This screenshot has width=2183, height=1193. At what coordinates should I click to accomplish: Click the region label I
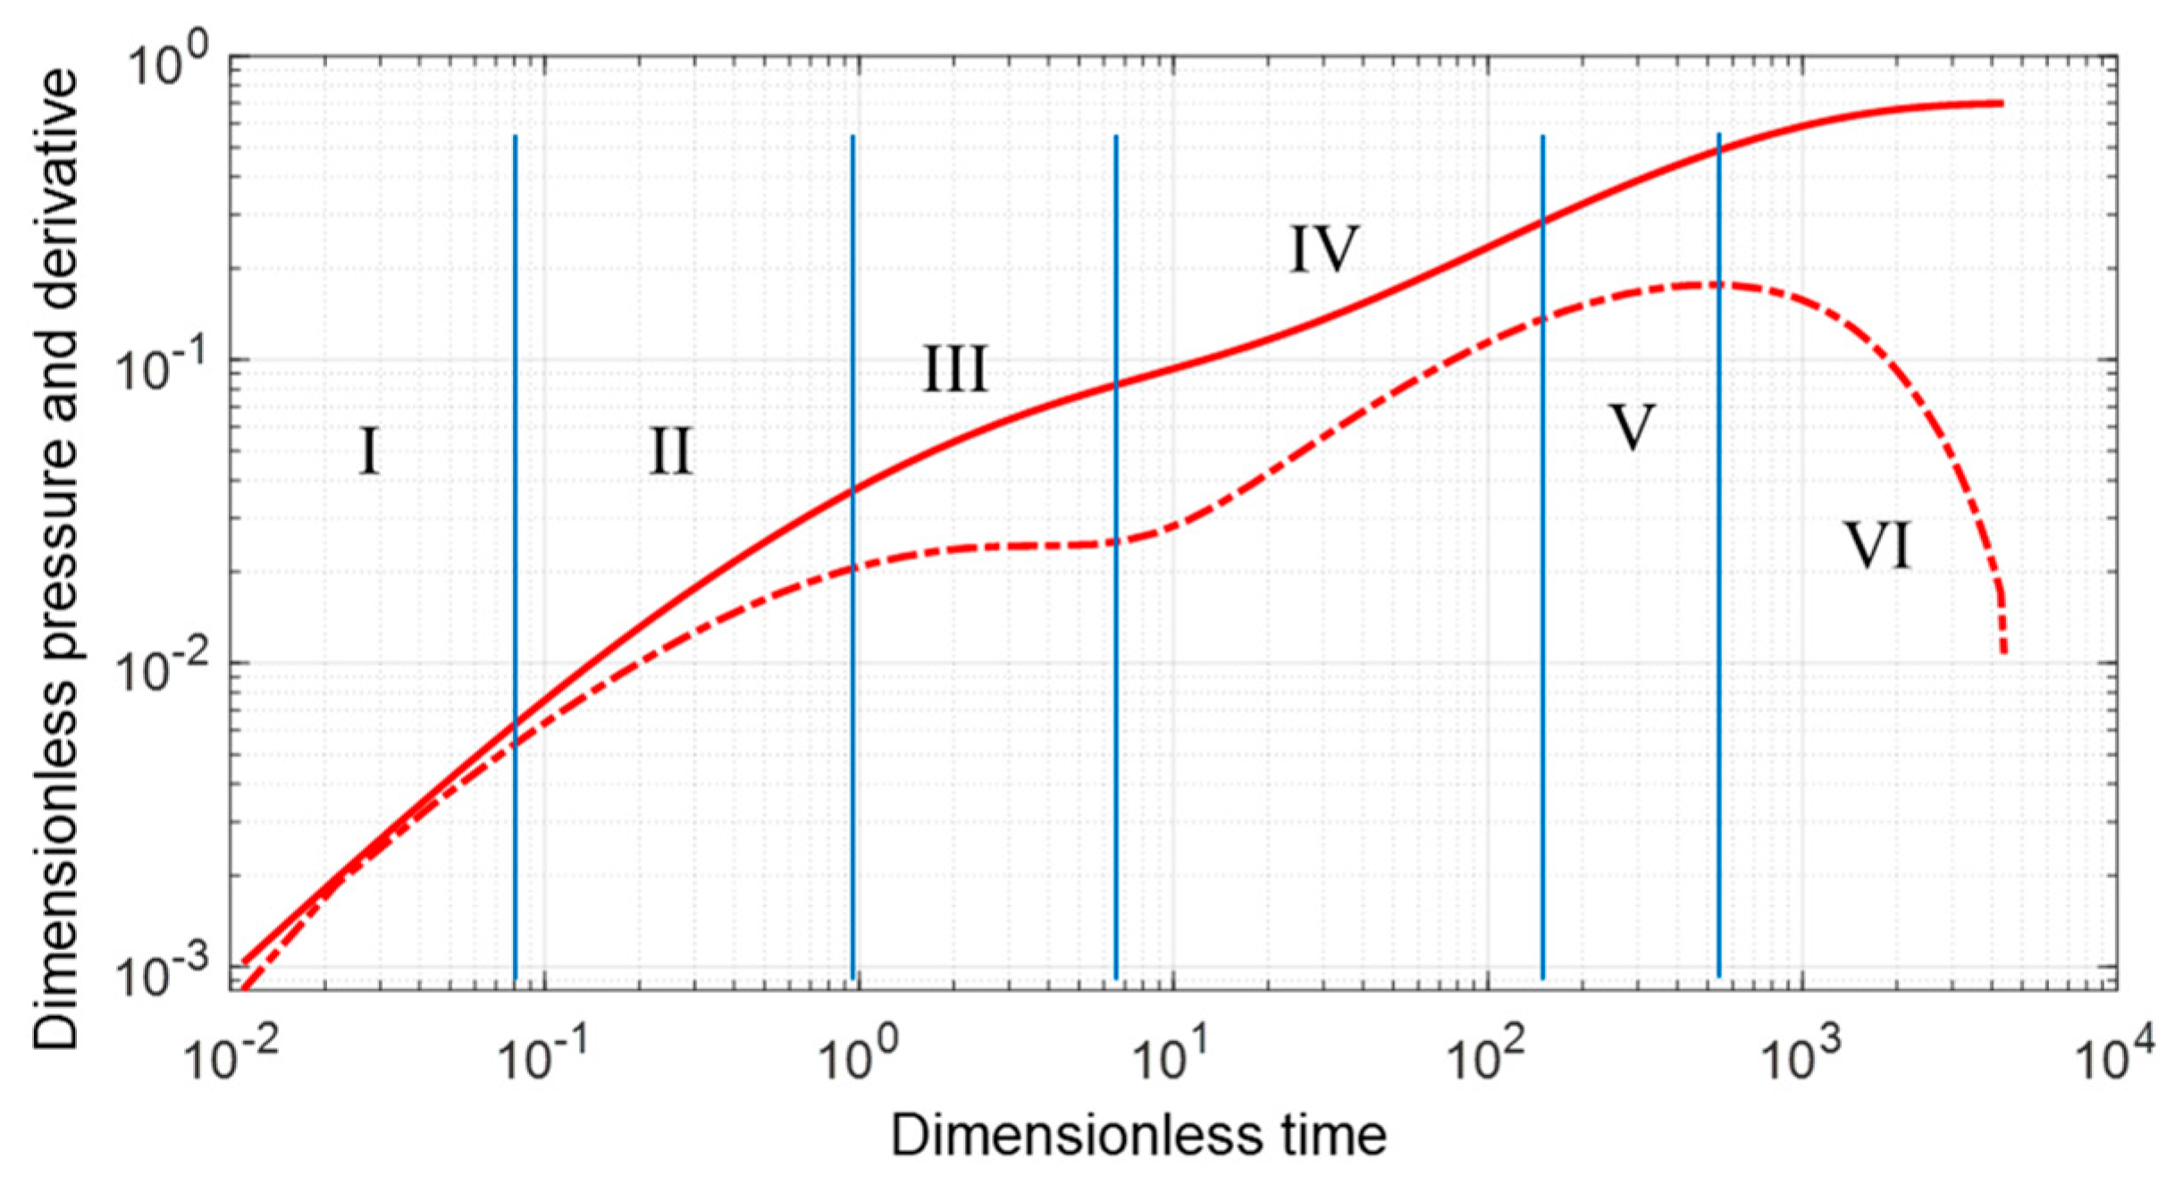[x=370, y=451]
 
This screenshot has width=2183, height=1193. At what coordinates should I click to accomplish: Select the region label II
[x=670, y=451]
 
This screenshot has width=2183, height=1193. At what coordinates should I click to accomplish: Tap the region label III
[x=954, y=368]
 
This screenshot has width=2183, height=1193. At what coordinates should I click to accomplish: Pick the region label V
[x=1631, y=427]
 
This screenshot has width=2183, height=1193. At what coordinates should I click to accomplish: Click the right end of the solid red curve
[x=2002, y=104]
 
